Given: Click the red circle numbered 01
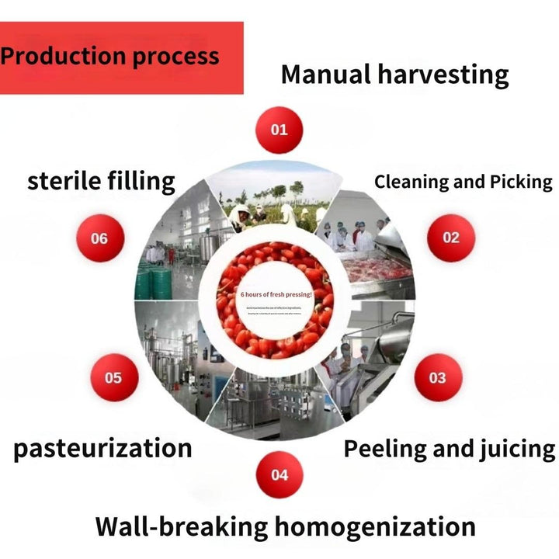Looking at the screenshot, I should (x=279, y=128).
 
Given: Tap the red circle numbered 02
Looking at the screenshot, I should (x=451, y=238).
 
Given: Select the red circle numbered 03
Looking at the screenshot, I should (x=437, y=377).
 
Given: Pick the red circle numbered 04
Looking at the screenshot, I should (x=279, y=474).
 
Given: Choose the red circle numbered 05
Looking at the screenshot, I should (x=113, y=378).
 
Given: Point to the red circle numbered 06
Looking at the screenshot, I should (x=99, y=238).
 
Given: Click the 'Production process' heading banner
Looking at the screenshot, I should (x=121, y=57).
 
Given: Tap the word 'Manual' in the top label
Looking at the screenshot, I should (x=326, y=75).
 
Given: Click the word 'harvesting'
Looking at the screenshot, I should (x=443, y=75).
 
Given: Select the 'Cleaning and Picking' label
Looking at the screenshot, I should (x=463, y=182).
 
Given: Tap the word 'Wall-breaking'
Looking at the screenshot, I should (x=182, y=526).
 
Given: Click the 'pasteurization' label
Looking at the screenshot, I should (x=102, y=448).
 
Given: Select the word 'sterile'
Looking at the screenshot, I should (x=64, y=181).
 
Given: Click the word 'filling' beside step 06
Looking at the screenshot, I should (x=142, y=181).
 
